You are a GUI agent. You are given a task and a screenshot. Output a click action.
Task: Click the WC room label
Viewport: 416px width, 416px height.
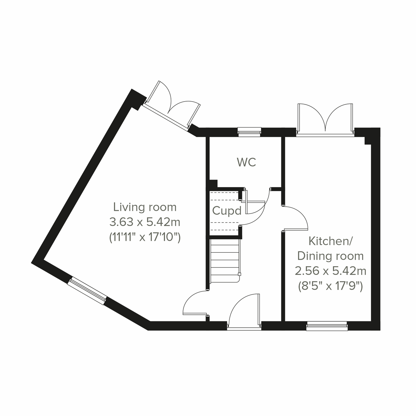(246, 162)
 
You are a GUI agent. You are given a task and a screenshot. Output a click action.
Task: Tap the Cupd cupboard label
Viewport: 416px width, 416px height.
(227, 211)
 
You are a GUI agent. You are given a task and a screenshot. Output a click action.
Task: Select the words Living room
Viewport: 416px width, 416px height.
(145, 207)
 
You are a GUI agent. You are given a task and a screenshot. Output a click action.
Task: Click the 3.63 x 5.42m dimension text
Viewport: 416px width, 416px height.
(145, 222)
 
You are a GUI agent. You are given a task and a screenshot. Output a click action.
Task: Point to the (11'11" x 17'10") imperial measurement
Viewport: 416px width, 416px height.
(145, 237)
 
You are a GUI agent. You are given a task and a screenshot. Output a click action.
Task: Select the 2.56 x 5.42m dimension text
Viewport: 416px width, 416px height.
(330, 271)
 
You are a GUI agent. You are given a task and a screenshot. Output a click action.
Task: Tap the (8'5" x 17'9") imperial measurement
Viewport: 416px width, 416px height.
(330, 286)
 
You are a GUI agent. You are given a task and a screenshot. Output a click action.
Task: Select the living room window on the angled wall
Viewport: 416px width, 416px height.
(87, 291)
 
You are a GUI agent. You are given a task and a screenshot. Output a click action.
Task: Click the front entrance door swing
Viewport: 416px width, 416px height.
(243, 310)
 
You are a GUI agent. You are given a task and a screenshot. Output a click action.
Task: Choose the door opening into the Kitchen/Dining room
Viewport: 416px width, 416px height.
(295, 218)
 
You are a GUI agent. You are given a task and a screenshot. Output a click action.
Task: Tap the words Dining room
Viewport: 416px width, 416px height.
(330, 256)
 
